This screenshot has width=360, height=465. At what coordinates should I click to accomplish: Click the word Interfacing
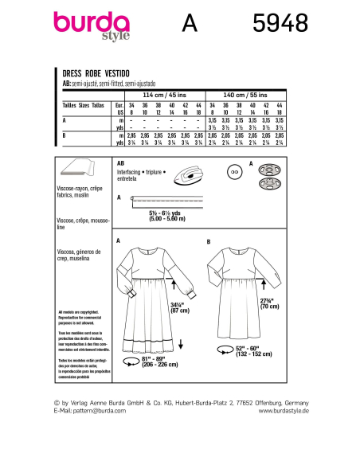[x=130, y=171]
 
